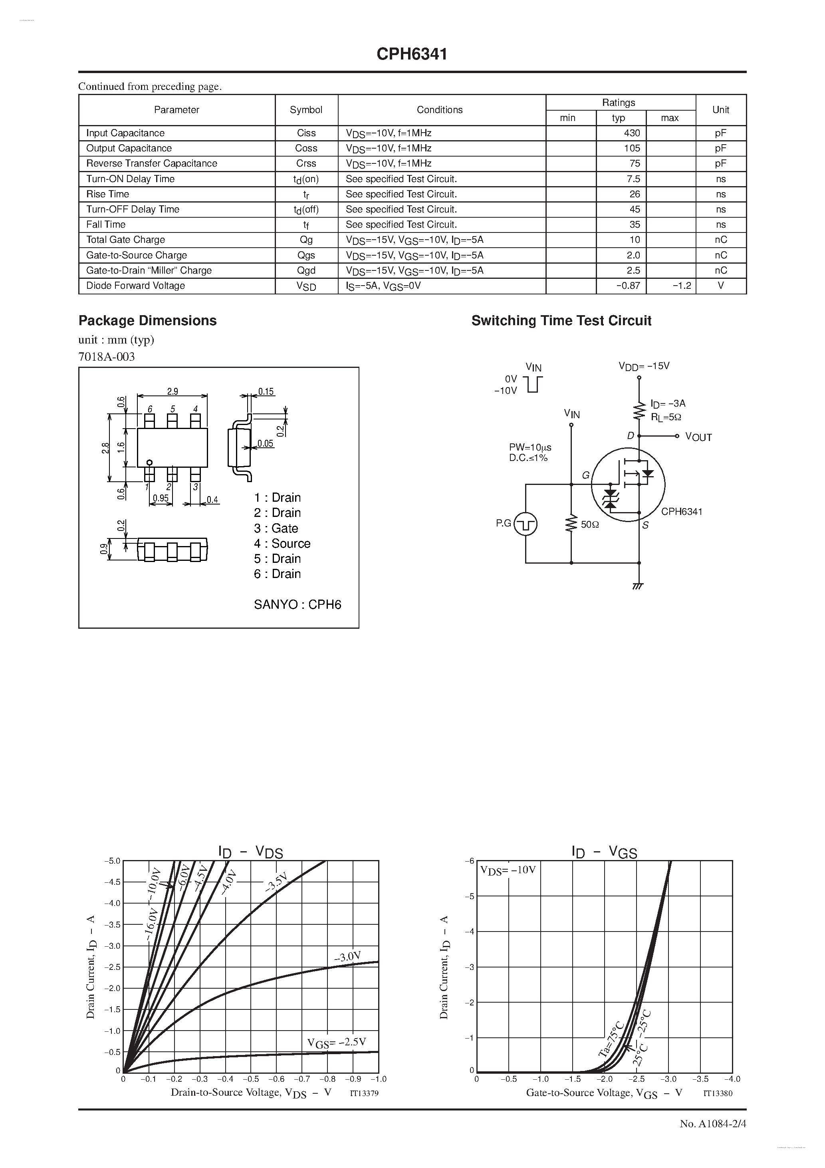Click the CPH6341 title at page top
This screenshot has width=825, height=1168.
click(412, 54)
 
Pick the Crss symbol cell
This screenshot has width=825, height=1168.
click(306, 164)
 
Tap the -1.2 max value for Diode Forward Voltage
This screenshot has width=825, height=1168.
click(681, 286)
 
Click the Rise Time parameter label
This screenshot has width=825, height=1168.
click(108, 194)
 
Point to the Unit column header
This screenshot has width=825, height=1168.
click(720, 110)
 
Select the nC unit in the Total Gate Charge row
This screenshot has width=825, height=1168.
click(720, 240)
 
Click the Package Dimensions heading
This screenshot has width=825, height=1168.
click(147, 320)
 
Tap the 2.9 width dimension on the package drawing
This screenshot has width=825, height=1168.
click(173, 391)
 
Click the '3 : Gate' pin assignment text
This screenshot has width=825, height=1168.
click(276, 528)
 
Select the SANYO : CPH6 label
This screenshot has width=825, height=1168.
click(297, 604)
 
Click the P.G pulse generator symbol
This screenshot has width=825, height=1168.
click(526, 524)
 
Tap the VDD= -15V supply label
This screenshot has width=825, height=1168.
click(644, 366)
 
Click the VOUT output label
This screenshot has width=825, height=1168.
click(698, 437)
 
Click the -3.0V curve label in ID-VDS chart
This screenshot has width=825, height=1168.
click(347, 957)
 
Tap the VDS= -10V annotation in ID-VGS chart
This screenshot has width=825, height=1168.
click(508, 870)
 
